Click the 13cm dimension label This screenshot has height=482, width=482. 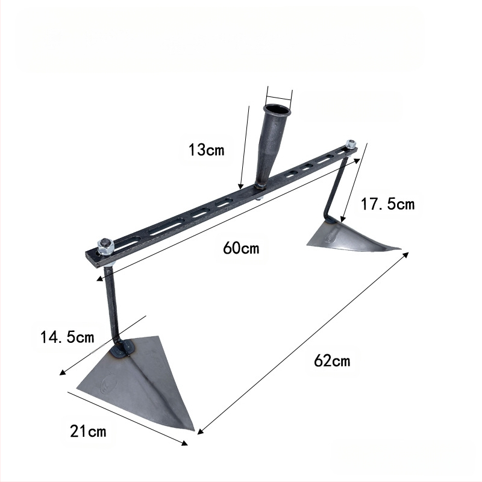(x=206, y=149)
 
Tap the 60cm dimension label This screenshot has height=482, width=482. (x=242, y=248)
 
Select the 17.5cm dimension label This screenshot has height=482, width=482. (x=387, y=204)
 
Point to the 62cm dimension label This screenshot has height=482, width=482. (x=332, y=360)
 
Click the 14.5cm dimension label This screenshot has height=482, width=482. (x=67, y=337)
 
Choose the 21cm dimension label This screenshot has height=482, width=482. (x=88, y=431)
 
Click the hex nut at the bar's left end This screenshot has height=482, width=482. (x=105, y=246)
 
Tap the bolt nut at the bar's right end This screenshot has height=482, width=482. (x=351, y=144)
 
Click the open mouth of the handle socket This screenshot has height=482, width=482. (x=277, y=110)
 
